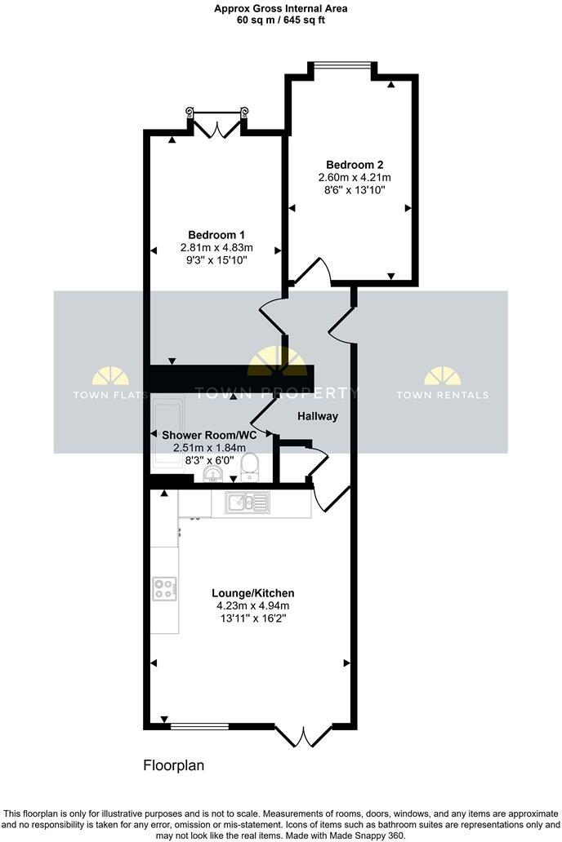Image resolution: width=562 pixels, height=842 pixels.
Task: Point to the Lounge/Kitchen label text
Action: [252, 593]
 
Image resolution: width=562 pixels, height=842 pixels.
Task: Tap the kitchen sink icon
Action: [245, 502]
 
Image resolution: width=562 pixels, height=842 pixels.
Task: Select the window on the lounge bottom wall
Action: [199, 725]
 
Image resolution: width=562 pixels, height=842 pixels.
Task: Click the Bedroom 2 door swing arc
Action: [314, 270]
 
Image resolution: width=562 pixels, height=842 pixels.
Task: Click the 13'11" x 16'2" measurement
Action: [252, 618]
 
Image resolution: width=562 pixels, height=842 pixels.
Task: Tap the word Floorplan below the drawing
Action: [173, 766]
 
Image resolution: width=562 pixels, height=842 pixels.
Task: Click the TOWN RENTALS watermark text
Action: [442, 395]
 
